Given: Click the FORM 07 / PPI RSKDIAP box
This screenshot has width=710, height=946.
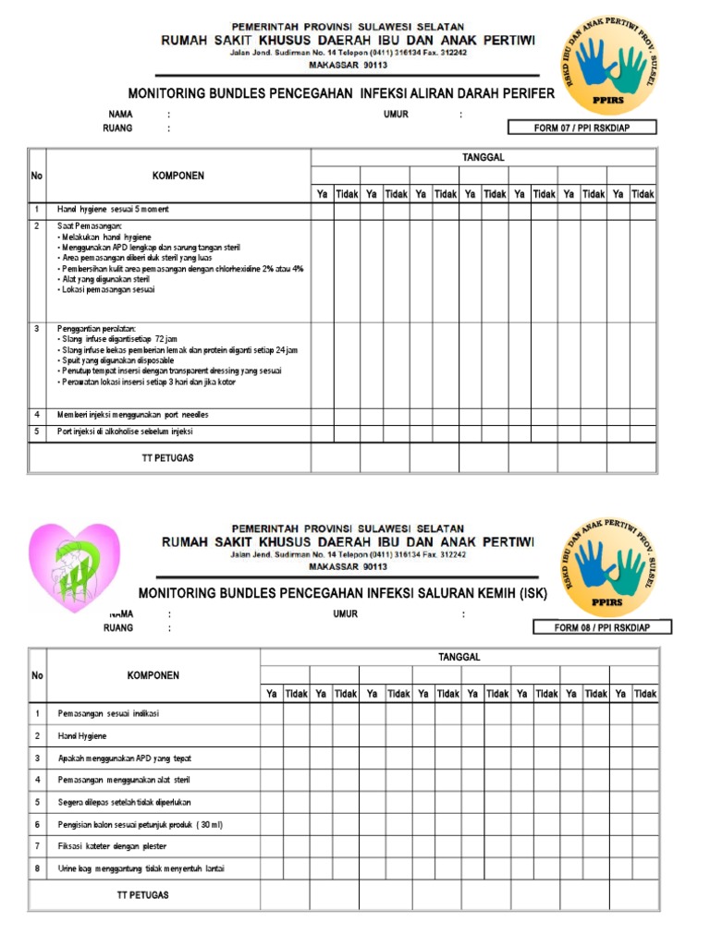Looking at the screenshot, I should pyautogui.click(x=581, y=127).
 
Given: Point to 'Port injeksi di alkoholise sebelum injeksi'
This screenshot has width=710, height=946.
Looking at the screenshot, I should pyautogui.click(x=126, y=431).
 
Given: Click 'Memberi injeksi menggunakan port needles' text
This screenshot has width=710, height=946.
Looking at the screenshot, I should pyautogui.click(x=127, y=414).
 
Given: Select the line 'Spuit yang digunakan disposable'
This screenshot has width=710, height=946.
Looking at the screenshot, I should pyautogui.click(x=116, y=360).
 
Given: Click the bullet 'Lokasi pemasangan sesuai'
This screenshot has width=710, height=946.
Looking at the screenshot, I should pyautogui.click(x=109, y=290).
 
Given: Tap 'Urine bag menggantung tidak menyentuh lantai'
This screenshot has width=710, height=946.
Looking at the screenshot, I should pyautogui.click(x=141, y=868).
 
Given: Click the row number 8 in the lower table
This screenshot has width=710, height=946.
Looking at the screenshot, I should pyautogui.click(x=38, y=868).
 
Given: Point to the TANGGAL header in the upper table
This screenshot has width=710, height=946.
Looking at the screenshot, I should pyautogui.click(x=483, y=158).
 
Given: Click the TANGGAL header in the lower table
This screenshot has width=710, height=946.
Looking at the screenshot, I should pyautogui.click(x=459, y=657).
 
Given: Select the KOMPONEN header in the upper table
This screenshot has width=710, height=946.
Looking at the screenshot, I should pyautogui.click(x=178, y=176).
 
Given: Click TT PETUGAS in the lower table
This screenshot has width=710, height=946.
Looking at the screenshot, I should pyautogui.click(x=143, y=894).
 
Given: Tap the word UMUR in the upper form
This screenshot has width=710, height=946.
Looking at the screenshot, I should pyautogui.click(x=397, y=115).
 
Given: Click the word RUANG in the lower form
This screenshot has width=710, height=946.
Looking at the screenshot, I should pyautogui.click(x=118, y=628).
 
